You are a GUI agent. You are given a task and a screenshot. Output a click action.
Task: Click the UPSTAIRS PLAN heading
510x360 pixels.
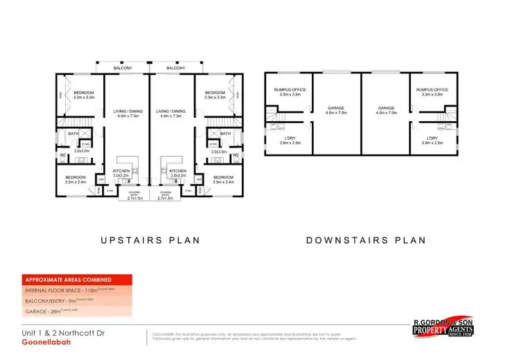pos(150,240)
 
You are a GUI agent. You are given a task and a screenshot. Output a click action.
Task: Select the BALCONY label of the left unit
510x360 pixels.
pos(125,69)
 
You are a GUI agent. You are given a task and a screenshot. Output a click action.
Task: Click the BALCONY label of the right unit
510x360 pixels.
pos(175,69)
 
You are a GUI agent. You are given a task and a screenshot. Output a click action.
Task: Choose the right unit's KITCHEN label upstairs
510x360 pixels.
pos(177,170)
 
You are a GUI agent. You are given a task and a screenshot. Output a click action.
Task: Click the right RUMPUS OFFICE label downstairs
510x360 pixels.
pos(432,90)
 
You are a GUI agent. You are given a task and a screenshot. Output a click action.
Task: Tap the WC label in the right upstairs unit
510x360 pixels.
pos(236,155)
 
